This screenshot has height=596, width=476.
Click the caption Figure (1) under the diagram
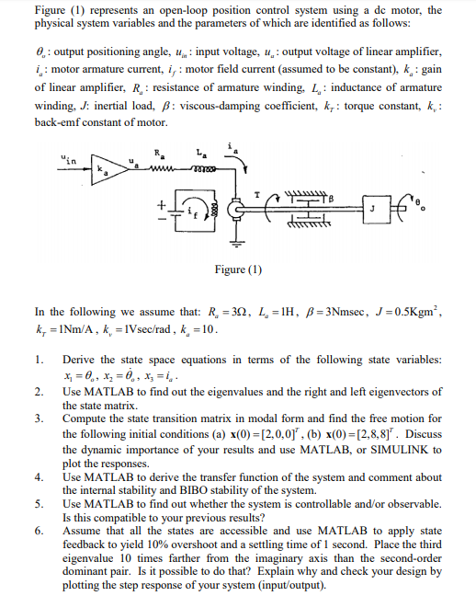(237, 269)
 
